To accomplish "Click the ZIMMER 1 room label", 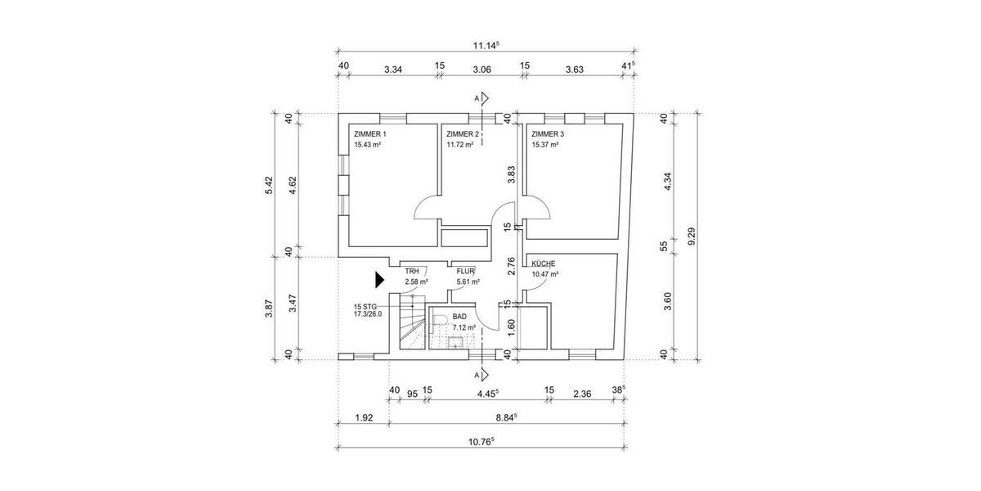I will (370, 133).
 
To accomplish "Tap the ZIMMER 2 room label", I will (462, 133).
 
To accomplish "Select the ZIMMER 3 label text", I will (548, 133).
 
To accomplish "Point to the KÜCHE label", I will (544, 264).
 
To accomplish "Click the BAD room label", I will (459, 317).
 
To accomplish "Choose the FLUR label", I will (466, 271).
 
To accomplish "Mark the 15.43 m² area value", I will (368, 145).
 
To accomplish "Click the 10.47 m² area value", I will (544, 275).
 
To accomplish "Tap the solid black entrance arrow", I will (379, 280).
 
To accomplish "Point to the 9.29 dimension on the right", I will (691, 236).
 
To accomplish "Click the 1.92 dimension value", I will (363, 417).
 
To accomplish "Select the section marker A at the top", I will (477, 98).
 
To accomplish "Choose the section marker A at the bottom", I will (477, 375).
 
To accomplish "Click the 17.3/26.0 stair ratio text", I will (370, 313).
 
